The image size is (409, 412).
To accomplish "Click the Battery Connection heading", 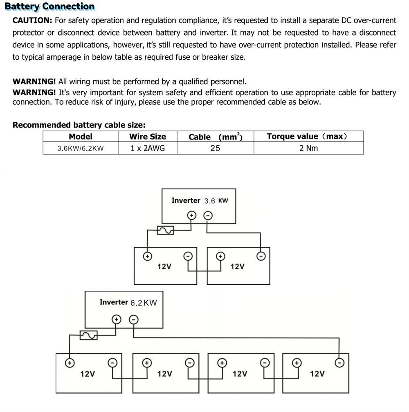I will (49, 7).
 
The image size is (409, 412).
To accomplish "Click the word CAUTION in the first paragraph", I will (32, 20).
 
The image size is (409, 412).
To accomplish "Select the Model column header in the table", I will (81, 137).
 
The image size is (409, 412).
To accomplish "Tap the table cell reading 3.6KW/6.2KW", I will (81, 148).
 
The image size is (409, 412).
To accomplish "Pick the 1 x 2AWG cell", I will (148, 148).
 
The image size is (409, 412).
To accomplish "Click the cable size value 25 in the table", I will (215, 148).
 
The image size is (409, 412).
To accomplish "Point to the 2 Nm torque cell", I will (308, 148).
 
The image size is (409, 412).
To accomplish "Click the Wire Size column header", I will (148, 137).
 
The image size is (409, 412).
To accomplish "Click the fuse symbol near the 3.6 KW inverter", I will (165, 231).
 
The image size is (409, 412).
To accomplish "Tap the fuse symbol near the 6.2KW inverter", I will (88, 335).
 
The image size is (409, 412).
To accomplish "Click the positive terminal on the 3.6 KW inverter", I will (191, 215).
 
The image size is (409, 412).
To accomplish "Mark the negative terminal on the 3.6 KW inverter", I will (208, 215).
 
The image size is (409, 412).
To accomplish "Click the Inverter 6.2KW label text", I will (128, 302).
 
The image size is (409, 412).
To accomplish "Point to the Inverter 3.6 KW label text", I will (200, 200).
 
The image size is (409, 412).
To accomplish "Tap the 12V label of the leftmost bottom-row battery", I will (88, 374).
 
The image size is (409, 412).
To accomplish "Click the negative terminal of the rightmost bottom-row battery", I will (339, 362).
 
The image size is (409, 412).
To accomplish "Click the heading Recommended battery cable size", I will (79, 125).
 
